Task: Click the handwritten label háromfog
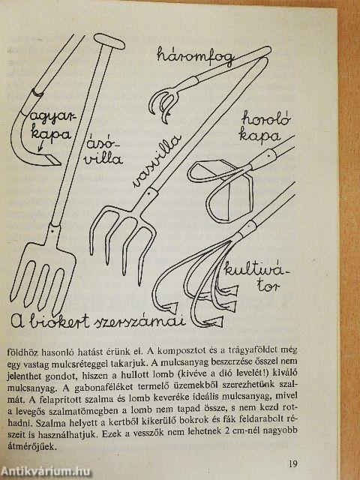tap(196, 57)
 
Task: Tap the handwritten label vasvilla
tap(157, 160)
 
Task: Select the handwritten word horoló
tap(265, 119)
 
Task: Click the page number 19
tap(292, 463)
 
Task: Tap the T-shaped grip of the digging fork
tap(109, 41)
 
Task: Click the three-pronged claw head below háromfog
tap(163, 103)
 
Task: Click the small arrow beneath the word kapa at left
tap(40, 147)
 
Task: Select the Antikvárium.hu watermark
tap(46, 472)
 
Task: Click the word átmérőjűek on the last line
tap(31, 447)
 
